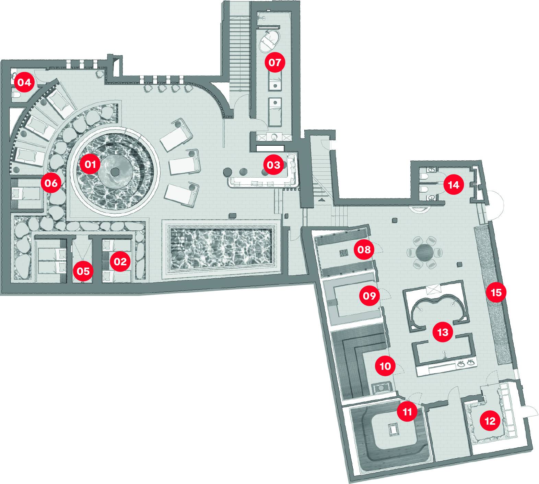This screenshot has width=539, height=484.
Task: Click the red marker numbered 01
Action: [x=90, y=165]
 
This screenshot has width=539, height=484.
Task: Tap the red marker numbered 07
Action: [x=274, y=62]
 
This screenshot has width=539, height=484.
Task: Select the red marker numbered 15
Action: [x=496, y=292]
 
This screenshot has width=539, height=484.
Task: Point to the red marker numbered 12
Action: [x=490, y=421]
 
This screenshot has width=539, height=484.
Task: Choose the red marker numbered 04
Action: [x=24, y=82]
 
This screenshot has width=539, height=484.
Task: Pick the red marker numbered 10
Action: [x=385, y=366]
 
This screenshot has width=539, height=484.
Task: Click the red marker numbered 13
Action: [x=443, y=332]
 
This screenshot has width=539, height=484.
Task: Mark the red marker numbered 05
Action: [x=83, y=271]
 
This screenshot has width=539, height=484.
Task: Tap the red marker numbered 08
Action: [x=364, y=249]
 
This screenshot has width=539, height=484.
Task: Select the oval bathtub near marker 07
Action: [x=270, y=41]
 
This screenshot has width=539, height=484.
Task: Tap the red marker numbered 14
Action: [x=453, y=185]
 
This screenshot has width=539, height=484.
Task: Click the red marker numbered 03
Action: [x=273, y=165]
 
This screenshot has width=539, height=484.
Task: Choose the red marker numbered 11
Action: [x=407, y=411]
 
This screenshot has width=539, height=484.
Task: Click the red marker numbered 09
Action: [x=369, y=295]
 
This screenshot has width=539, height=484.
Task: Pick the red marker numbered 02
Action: [x=120, y=262]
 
